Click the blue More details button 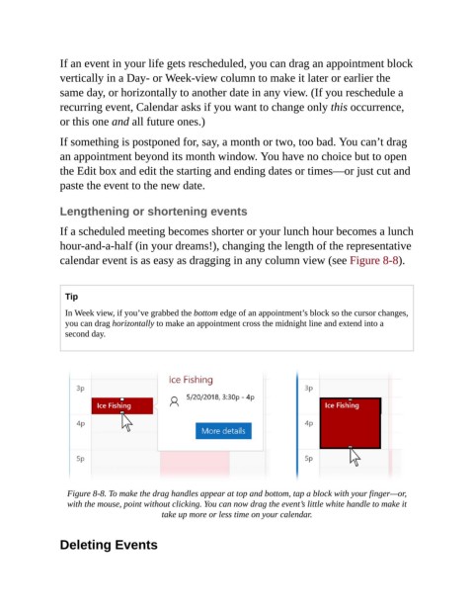pyautogui.click(x=223, y=431)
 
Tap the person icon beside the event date pyautogui.click(x=175, y=401)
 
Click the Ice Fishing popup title pyautogui.click(x=191, y=380)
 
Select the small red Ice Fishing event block pyautogui.click(x=122, y=405)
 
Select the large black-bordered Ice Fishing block pyautogui.click(x=351, y=423)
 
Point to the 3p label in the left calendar pyautogui.click(x=80, y=388)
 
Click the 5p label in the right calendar pyautogui.click(x=308, y=458)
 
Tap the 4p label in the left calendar pyautogui.click(x=81, y=423)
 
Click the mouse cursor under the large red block pyautogui.click(x=355, y=457)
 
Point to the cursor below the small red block pyautogui.click(x=126, y=422)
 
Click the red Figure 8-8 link pyautogui.click(x=374, y=260)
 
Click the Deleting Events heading pyautogui.click(x=109, y=545)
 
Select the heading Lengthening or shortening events pyautogui.click(x=153, y=212)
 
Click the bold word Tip pyautogui.click(x=71, y=297)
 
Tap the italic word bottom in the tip pyautogui.click(x=205, y=312)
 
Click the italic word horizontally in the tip pyautogui.click(x=133, y=323)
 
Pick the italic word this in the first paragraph pyautogui.click(x=339, y=107)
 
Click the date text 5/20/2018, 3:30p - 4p pyautogui.click(x=220, y=397)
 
